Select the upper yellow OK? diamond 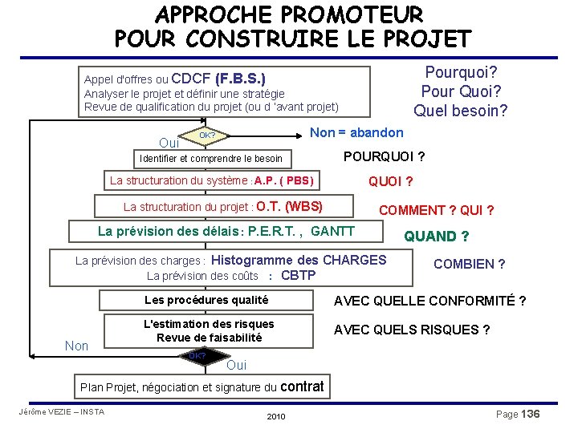click(x=206, y=136)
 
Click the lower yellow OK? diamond click(x=197, y=355)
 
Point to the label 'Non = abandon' click(x=356, y=132)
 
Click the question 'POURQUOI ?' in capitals click(x=385, y=156)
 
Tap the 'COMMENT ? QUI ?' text click(x=436, y=210)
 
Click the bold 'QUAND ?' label click(x=436, y=236)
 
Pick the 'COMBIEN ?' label click(x=469, y=264)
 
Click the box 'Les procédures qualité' click(x=206, y=300)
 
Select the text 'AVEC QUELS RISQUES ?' click(x=412, y=330)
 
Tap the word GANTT click(x=332, y=231)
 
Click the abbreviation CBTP click(x=298, y=276)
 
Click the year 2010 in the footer click(x=275, y=417)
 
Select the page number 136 click(x=530, y=414)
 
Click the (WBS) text click(x=303, y=206)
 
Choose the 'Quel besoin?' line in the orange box click(x=460, y=110)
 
